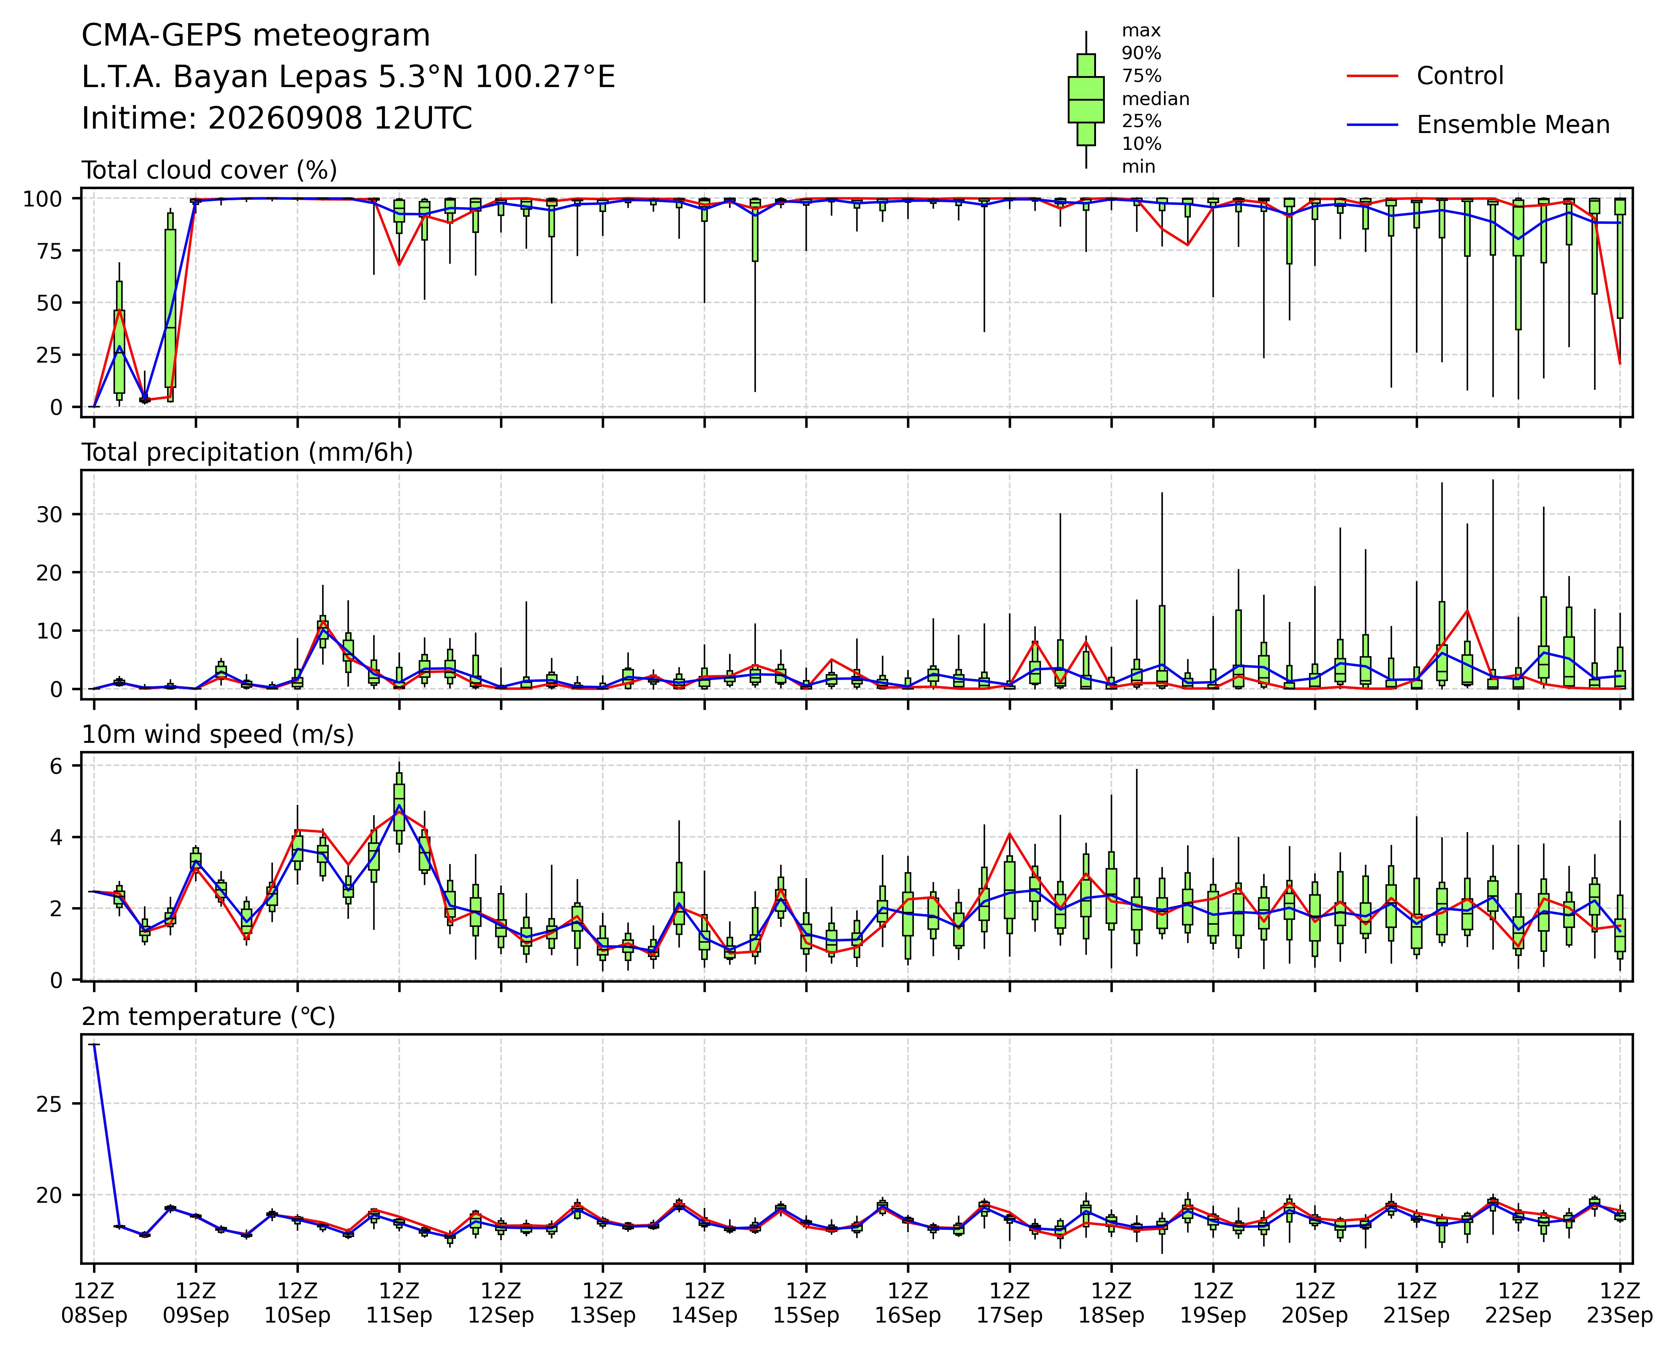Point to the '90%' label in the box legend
click(1141, 54)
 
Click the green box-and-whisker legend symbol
click(1086, 100)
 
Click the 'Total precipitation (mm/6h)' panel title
click(247, 453)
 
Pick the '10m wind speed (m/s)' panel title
click(218, 735)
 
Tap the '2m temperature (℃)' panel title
click(208, 1017)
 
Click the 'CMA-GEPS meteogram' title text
click(256, 36)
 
